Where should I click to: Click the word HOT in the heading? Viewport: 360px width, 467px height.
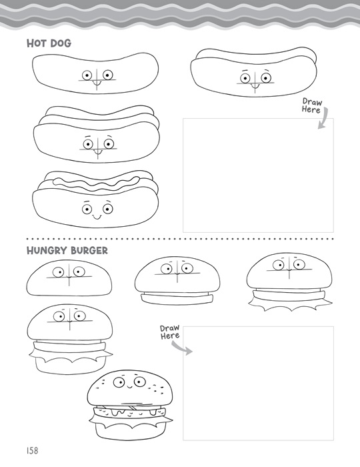pyautogui.click(x=36, y=43)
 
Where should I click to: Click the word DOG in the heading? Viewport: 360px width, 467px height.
pyautogui.click(x=61, y=43)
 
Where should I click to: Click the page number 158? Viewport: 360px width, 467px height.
pyautogui.click(x=33, y=450)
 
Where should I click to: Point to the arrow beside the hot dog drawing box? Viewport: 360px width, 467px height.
pyautogui.click(x=324, y=119)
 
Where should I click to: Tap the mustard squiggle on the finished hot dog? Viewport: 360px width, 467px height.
pyautogui.click(x=97, y=183)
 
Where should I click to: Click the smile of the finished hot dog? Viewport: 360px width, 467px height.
pyautogui.click(x=97, y=217)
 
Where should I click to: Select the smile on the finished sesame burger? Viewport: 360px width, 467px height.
pyautogui.click(x=129, y=387)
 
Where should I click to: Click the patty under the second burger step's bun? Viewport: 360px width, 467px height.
pyautogui.click(x=177, y=298)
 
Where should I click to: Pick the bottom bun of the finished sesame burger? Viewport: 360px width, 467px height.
pyautogui.click(x=131, y=431)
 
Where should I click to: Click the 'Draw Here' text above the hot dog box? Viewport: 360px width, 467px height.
pyautogui.click(x=311, y=105)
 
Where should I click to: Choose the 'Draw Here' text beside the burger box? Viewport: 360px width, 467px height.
pyautogui.click(x=170, y=332)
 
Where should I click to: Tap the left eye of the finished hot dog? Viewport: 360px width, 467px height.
pyautogui.click(x=87, y=209)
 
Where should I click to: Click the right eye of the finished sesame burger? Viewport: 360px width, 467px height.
pyautogui.click(x=139, y=382)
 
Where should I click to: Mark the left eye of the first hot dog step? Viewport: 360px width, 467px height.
pyautogui.click(x=87, y=75)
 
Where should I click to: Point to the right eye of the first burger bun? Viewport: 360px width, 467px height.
pyautogui.click(x=79, y=272)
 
